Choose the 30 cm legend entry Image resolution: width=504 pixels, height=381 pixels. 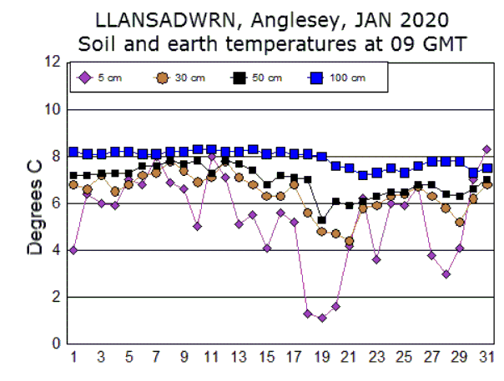(180, 78)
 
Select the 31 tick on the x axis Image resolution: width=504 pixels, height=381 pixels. (486, 358)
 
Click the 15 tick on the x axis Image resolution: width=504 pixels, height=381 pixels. (266, 358)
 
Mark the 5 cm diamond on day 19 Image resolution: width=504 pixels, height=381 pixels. (321, 318)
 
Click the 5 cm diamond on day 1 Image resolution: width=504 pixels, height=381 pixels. (73, 250)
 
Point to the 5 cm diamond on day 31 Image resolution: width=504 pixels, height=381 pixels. (486, 149)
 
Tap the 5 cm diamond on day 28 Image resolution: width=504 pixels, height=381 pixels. (446, 273)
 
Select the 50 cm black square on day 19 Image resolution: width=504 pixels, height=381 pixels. (321, 220)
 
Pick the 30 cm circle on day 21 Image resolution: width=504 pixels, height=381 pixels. (349, 241)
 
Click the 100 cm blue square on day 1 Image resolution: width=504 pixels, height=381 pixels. (73, 152)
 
